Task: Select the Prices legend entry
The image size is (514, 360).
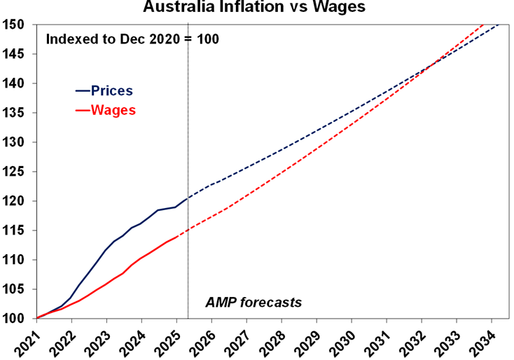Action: coord(111,91)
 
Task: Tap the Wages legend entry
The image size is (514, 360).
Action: coord(113,110)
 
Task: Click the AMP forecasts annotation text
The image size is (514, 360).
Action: coord(253,303)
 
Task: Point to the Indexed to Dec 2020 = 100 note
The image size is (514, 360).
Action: coord(132,39)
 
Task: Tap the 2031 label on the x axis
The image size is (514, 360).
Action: coord(380,342)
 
